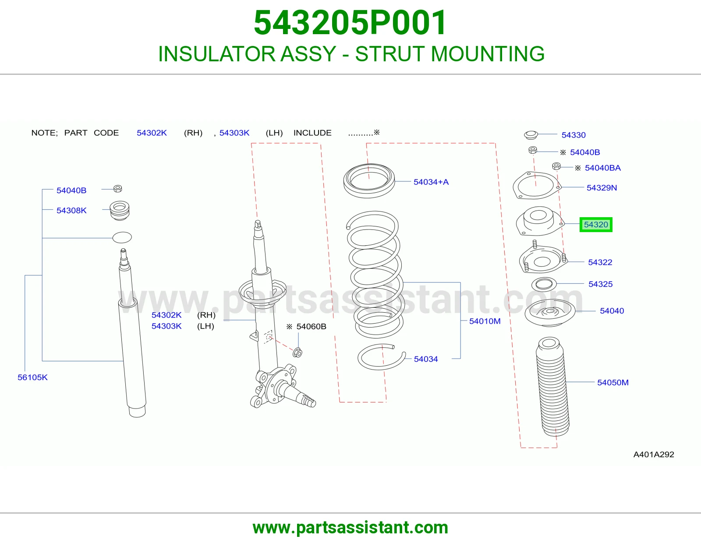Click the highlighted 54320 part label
point(595,224)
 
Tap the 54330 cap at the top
point(531,135)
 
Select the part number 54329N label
point(601,188)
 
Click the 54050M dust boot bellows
point(552,387)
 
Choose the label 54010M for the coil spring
point(485,321)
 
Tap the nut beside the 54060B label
point(297,353)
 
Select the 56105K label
point(32,377)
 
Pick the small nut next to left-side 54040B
point(118,189)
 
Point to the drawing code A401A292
point(654,455)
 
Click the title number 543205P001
point(350,23)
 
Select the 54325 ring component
point(544,284)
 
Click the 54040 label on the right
point(612,311)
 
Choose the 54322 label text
point(600,262)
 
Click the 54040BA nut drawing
point(556,166)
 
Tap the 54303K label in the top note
point(234,133)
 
